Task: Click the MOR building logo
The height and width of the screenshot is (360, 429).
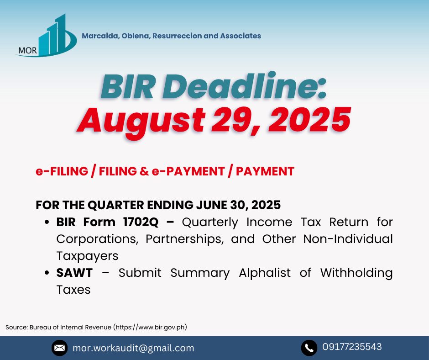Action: tap(46, 36)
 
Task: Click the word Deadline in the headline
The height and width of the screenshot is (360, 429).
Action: tap(245, 86)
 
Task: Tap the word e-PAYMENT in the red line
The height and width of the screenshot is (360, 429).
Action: tap(188, 171)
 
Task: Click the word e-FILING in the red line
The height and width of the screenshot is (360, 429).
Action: tap(62, 171)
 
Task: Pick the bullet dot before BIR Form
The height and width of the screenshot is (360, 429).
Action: tap(47, 222)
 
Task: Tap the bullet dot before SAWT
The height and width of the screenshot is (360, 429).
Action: tap(47, 273)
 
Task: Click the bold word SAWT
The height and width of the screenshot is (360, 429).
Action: tap(74, 273)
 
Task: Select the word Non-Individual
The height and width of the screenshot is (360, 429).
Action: tap(348, 238)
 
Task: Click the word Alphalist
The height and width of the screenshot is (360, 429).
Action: tap(265, 273)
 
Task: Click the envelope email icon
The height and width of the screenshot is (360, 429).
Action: tap(59, 348)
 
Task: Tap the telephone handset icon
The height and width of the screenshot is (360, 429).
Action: tap(309, 348)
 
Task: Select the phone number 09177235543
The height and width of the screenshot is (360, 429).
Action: tap(352, 347)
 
